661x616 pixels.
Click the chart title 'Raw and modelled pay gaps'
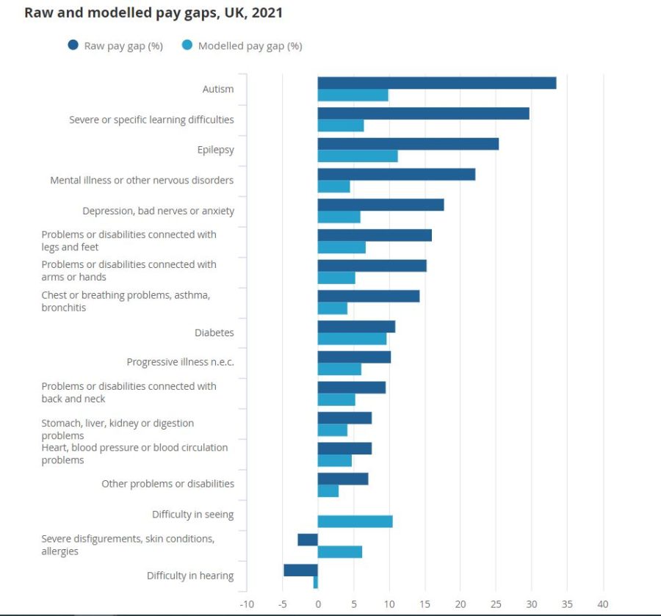[x=153, y=13]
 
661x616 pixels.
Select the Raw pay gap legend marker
[x=73, y=46]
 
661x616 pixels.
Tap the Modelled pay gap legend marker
[x=187, y=46]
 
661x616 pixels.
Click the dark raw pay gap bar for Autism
[x=436, y=83]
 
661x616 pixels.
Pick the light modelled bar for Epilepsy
[x=358, y=156]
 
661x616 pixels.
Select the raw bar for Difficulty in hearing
[x=300, y=570]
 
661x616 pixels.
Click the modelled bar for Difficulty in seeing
[x=355, y=521]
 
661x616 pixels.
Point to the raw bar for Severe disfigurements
[x=308, y=540]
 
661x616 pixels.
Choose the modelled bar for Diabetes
[x=352, y=338]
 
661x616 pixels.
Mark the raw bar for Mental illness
[x=396, y=174]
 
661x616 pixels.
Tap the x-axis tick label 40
[x=604, y=604]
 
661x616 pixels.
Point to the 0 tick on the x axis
[x=318, y=604]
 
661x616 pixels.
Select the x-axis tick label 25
[x=496, y=604]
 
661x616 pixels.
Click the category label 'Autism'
[x=218, y=89]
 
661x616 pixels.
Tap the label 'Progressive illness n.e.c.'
[x=180, y=362]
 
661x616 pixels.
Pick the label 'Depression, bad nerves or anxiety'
[x=158, y=211]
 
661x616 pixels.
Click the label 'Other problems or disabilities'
[x=167, y=484]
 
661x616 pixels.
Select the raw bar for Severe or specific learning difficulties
[x=423, y=113]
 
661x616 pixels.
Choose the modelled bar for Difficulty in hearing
[x=316, y=582]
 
